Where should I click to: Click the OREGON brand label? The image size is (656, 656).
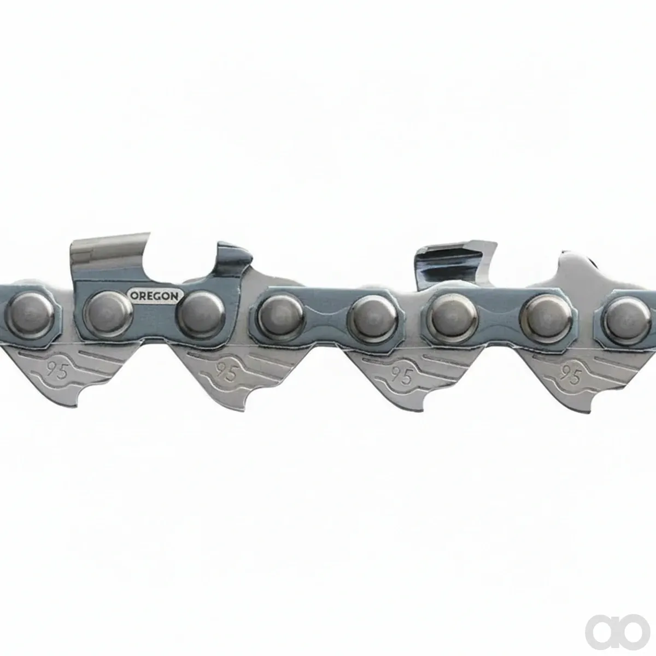(155, 296)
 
